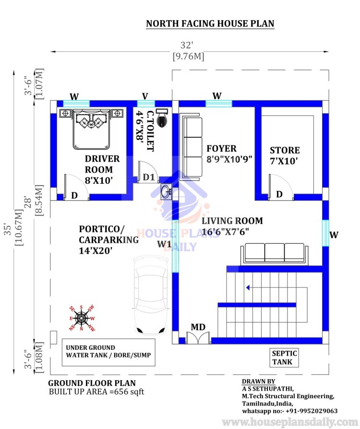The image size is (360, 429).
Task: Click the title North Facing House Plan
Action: (x=210, y=24)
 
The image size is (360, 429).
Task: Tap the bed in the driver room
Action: (x=91, y=129)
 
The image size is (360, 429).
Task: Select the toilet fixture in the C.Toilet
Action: (x=163, y=118)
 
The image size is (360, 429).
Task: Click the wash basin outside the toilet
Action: (x=166, y=191)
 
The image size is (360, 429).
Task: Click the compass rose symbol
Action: (x=81, y=319)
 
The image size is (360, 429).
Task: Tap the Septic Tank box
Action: (x=284, y=357)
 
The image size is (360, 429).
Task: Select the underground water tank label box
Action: (x=108, y=352)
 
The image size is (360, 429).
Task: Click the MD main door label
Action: (x=198, y=327)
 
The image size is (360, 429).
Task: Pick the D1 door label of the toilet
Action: (x=149, y=177)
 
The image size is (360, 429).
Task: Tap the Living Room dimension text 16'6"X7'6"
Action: (x=225, y=232)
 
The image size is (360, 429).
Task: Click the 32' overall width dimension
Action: (x=187, y=45)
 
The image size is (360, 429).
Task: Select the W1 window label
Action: (x=164, y=244)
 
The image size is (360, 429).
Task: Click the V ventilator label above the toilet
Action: (x=145, y=96)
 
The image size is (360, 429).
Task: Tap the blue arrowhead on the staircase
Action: (x=248, y=287)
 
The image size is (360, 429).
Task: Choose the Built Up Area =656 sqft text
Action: (x=96, y=392)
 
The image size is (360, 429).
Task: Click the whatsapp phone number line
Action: (x=289, y=411)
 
